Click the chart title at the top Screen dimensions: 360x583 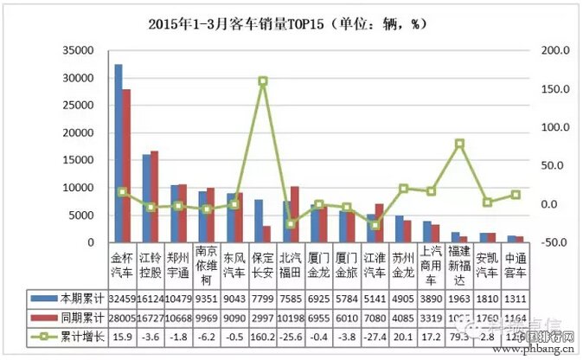[291, 24]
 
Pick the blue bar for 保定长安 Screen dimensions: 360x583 [259, 222]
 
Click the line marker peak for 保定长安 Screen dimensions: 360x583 [262, 81]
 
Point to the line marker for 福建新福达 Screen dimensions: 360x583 [460, 144]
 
